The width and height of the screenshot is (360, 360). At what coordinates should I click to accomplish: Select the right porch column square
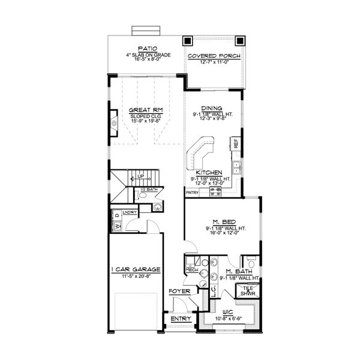click(241, 41)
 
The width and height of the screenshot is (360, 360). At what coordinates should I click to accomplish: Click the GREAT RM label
click(142, 110)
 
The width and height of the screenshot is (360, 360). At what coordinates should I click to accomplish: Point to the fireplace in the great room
click(113, 125)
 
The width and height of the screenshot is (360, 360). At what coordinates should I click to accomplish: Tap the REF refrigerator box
click(236, 144)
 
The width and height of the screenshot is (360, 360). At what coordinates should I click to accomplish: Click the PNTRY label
click(192, 193)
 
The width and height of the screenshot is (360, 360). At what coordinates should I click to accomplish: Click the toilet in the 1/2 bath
click(157, 207)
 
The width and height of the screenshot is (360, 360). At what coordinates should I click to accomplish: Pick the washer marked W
click(116, 226)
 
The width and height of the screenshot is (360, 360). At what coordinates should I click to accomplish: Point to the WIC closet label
click(229, 311)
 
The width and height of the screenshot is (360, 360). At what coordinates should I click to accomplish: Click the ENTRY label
click(181, 319)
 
